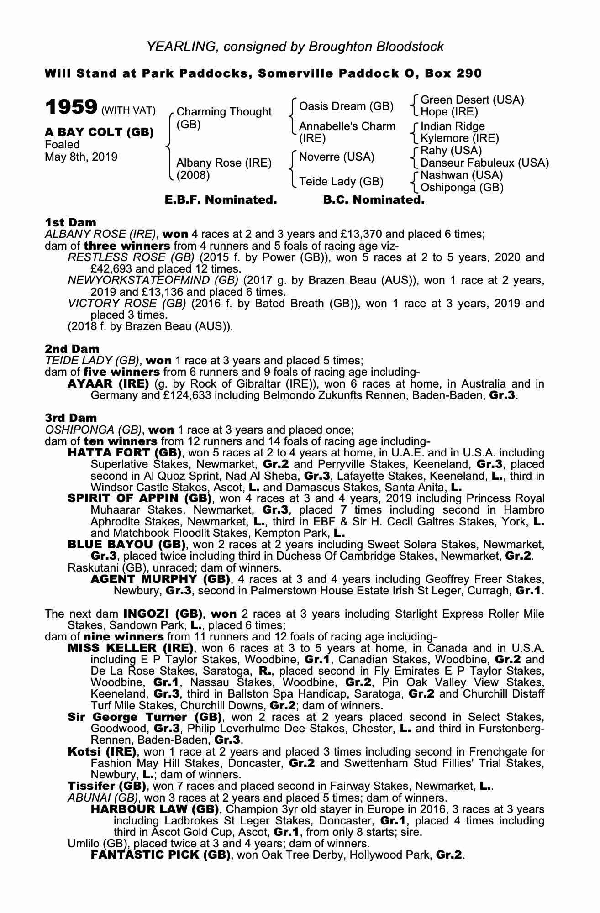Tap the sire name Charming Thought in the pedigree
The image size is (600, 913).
224,112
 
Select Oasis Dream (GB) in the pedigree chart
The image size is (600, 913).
346,106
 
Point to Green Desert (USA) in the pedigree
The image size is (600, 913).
472,100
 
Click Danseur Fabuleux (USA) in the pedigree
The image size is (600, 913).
484,163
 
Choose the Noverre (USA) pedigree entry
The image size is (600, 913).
337,157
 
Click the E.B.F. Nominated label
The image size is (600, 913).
221,200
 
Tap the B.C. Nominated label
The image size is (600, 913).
374,200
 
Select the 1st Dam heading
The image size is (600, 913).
70,222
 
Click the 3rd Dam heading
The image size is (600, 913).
71,418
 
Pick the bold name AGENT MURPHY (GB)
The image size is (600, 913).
160,579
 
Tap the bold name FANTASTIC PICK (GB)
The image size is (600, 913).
160,855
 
